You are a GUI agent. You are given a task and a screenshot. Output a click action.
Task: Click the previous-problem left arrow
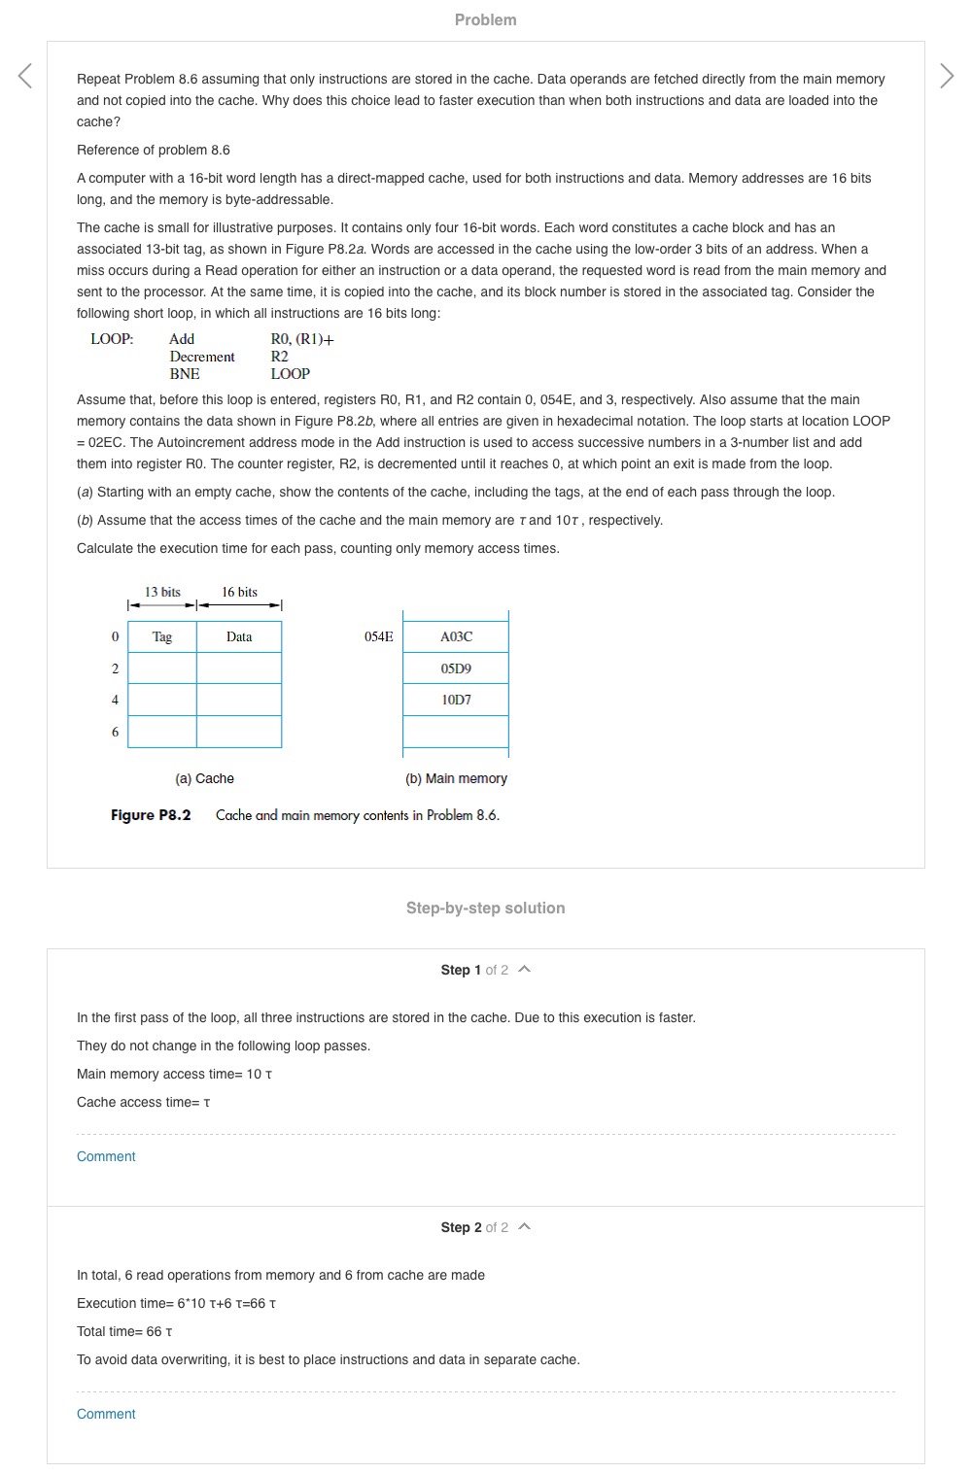click(25, 76)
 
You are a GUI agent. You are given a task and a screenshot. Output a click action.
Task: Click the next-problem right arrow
click(947, 76)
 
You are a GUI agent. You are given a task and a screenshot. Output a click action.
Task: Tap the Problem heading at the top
click(485, 19)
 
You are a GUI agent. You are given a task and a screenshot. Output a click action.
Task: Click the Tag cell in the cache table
click(162, 637)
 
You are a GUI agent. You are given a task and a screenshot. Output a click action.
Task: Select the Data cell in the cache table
click(239, 637)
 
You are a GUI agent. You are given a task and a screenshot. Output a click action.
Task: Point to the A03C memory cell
click(456, 637)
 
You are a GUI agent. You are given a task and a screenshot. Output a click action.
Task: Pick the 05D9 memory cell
click(456, 668)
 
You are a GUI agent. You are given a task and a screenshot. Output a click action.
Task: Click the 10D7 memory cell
click(456, 700)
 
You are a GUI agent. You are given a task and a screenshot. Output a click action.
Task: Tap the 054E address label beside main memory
click(379, 637)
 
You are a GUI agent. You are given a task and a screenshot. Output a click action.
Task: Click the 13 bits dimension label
click(162, 592)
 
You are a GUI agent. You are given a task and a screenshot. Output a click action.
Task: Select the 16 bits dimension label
click(239, 592)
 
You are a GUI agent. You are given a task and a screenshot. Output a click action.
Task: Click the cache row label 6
click(115, 732)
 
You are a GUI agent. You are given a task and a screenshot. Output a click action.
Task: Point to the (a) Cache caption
click(204, 778)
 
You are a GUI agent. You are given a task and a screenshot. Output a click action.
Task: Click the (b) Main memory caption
click(456, 778)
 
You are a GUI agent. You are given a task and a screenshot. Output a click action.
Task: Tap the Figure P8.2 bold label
click(151, 815)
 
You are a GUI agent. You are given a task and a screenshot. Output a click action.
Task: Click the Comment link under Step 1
click(106, 1156)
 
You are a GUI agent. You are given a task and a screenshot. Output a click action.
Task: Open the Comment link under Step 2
click(106, 1414)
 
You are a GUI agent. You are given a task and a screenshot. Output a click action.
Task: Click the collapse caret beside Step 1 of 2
click(525, 970)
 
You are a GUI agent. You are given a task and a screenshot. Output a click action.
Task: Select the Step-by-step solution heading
click(485, 908)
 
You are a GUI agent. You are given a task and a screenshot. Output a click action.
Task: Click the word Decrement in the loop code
click(202, 357)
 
